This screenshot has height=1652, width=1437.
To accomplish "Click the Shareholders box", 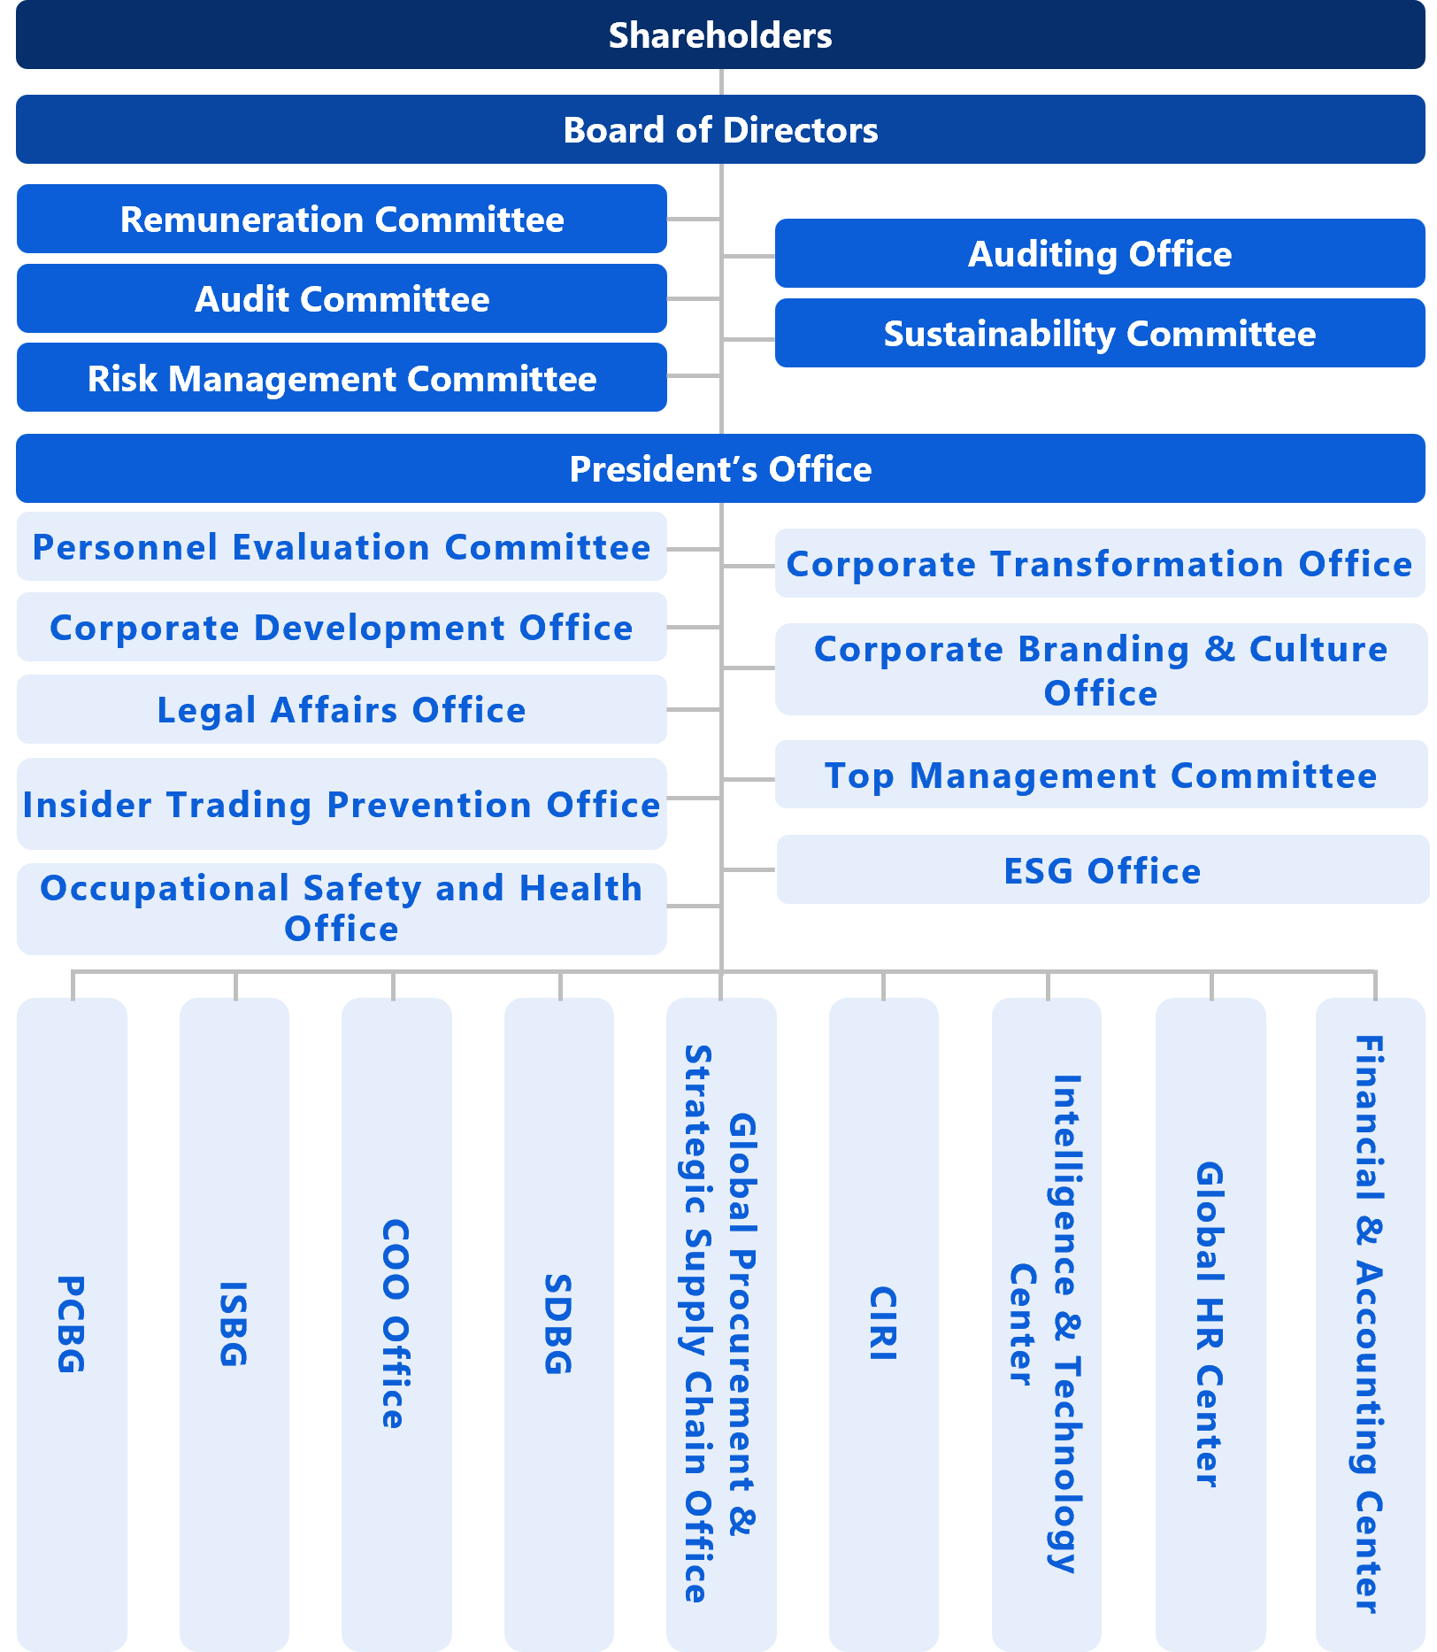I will tap(720, 35).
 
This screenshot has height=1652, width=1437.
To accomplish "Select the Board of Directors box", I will tap(720, 130).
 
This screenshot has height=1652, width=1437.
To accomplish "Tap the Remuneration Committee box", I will tap(342, 220).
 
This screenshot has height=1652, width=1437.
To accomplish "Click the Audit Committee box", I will tap(342, 299).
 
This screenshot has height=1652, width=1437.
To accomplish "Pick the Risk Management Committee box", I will tap(342, 378).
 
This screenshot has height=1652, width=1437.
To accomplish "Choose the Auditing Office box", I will tap(1100, 254).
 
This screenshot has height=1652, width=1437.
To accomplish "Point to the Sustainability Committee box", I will tap(1100, 334).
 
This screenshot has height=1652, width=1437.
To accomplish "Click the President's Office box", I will tap(720, 469).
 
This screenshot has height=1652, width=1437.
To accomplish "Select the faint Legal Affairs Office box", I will tap(342, 709).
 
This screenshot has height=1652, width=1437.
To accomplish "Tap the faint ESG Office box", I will tap(1103, 869).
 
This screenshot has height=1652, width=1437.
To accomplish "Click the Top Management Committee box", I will tap(1101, 775).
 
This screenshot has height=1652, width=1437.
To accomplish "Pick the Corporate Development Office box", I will tap(342, 627).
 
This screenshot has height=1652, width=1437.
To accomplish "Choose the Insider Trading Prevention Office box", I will tap(342, 804).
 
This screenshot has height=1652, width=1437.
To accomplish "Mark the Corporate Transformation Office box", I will tap(1100, 563).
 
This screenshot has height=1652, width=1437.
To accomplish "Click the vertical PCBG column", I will tap(72, 1324).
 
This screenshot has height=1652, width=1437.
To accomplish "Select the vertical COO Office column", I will tap(396, 1324).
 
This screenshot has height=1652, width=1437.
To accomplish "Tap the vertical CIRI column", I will tap(884, 1324).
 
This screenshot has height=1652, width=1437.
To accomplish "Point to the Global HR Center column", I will tap(1210, 1324).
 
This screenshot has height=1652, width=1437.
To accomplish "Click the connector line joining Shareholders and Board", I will tap(721, 82).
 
